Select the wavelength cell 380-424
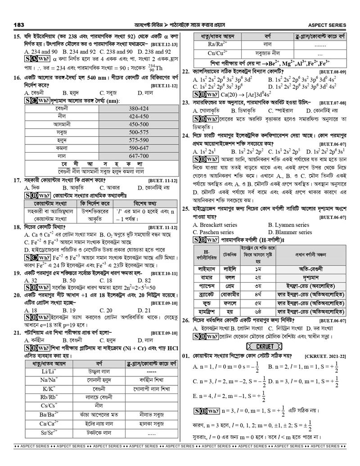138,109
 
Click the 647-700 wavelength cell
138,155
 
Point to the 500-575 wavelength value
138,132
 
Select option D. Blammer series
290,232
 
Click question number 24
185,135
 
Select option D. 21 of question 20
145,310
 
